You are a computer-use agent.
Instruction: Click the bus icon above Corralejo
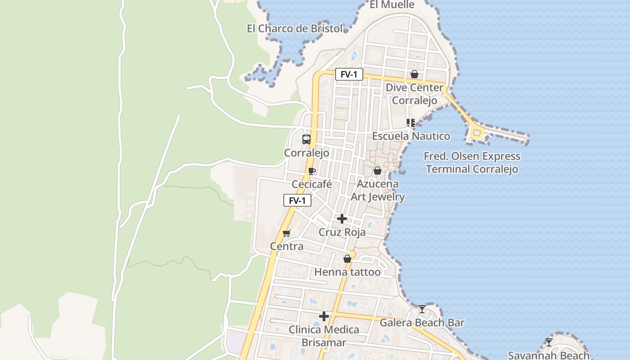point(306,139)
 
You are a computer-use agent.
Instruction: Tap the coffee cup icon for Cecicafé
point(312,171)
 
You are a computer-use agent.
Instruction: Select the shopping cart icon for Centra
point(287,233)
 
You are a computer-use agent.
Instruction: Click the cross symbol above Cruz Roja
point(342,219)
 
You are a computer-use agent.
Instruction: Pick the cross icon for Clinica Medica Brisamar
point(324,316)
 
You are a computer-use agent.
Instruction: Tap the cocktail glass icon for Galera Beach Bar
point(422,309)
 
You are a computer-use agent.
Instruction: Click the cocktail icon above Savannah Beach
point(549,342)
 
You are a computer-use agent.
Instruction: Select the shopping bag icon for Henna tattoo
point(347,259)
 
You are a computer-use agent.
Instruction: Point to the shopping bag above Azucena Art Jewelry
point(378,171)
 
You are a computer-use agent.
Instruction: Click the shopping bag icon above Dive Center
point(414,74)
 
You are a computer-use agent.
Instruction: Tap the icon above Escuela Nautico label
point(410,122)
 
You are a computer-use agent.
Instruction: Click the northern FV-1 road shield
point(349,75)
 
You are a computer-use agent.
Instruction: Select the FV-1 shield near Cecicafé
point(297,201)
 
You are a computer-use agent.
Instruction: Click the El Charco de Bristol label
point(295,29)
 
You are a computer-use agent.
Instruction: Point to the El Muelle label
point(392,5)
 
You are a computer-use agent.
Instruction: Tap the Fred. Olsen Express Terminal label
point(472,163)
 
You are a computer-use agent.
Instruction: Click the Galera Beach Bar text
point(422,323)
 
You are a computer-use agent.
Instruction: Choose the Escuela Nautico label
point(411,136)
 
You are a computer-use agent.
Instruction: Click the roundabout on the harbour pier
point(476,133)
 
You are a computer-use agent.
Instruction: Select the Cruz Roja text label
point(342,232)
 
